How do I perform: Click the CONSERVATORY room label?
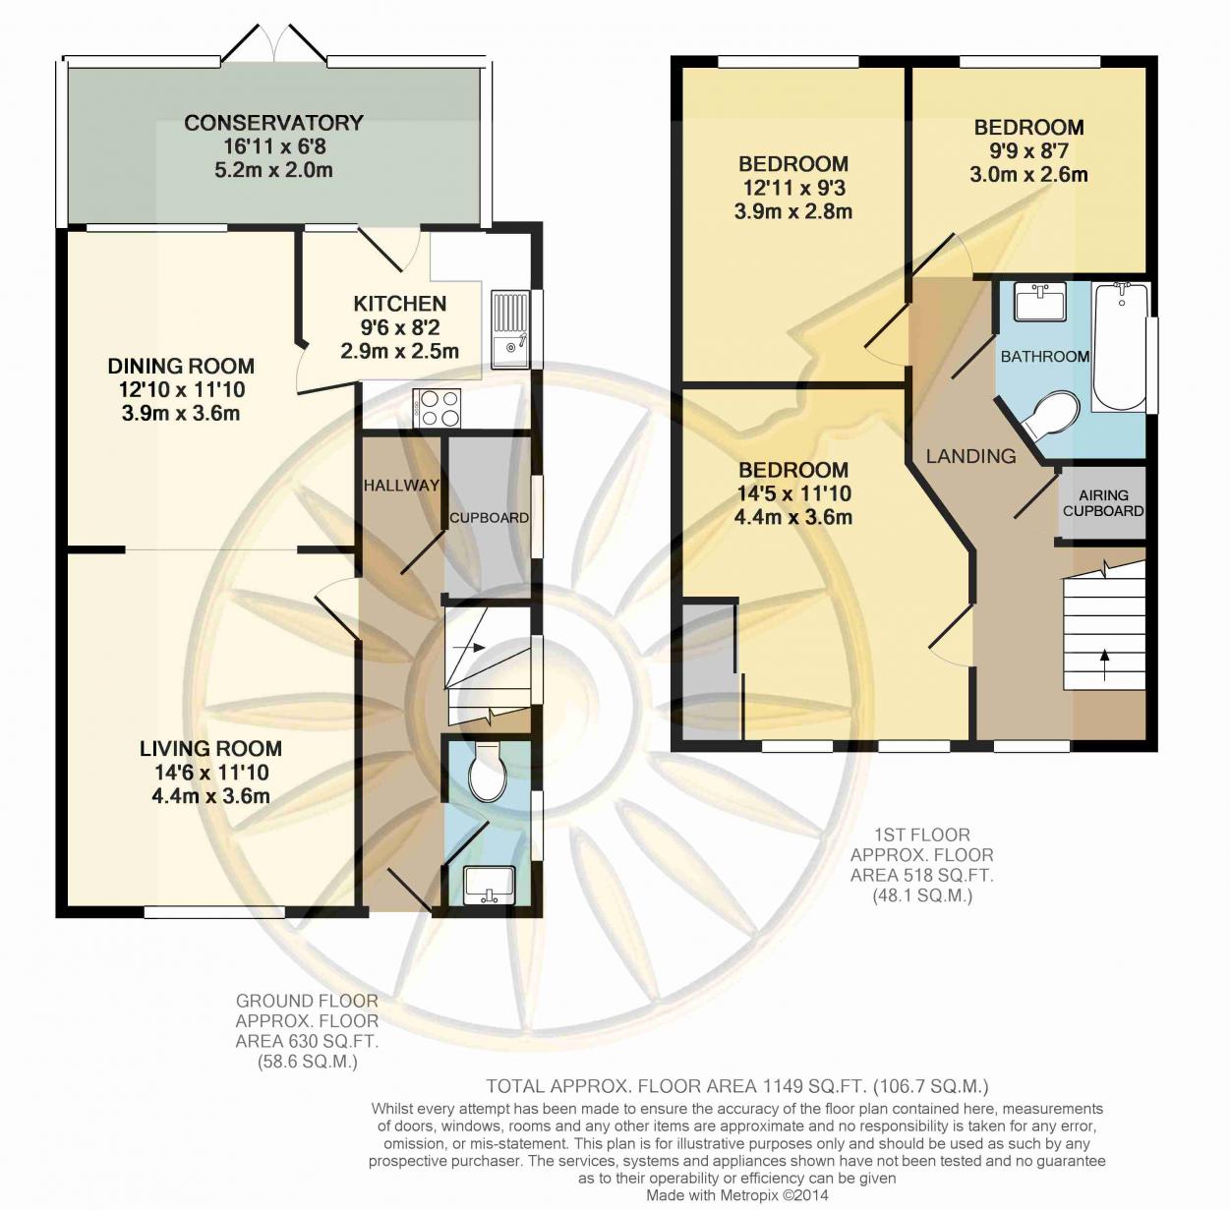(x=274, y=123)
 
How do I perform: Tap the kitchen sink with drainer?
(x=510, y=329)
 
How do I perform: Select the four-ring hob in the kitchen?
(x=437, y=408)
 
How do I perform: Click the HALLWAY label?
(x=401, y=486)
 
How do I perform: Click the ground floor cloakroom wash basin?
(x=489, y=886)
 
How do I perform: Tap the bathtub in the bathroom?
(x=1120, y=347)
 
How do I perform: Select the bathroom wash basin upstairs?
(x=1040, y=302)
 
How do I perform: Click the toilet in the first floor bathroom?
(x=1049, y=415)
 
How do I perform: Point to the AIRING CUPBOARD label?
(x=1103, y=503)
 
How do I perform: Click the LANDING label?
(x=970, y=456)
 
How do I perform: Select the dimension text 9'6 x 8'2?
(x=400, y=327)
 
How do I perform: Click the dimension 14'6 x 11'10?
(x=211, y=773)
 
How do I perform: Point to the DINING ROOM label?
(x=181, y=366)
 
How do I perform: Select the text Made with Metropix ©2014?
(x=737, y=1194)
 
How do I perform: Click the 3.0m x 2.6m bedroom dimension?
(x=1028, y=175)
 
